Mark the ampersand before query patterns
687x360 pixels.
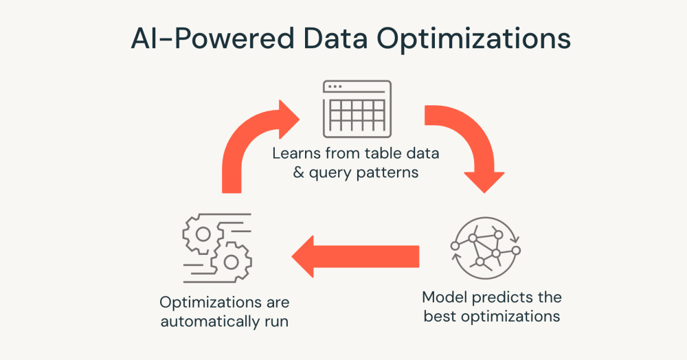[x=299, y=172]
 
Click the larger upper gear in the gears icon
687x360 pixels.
[x=203, y=234]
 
